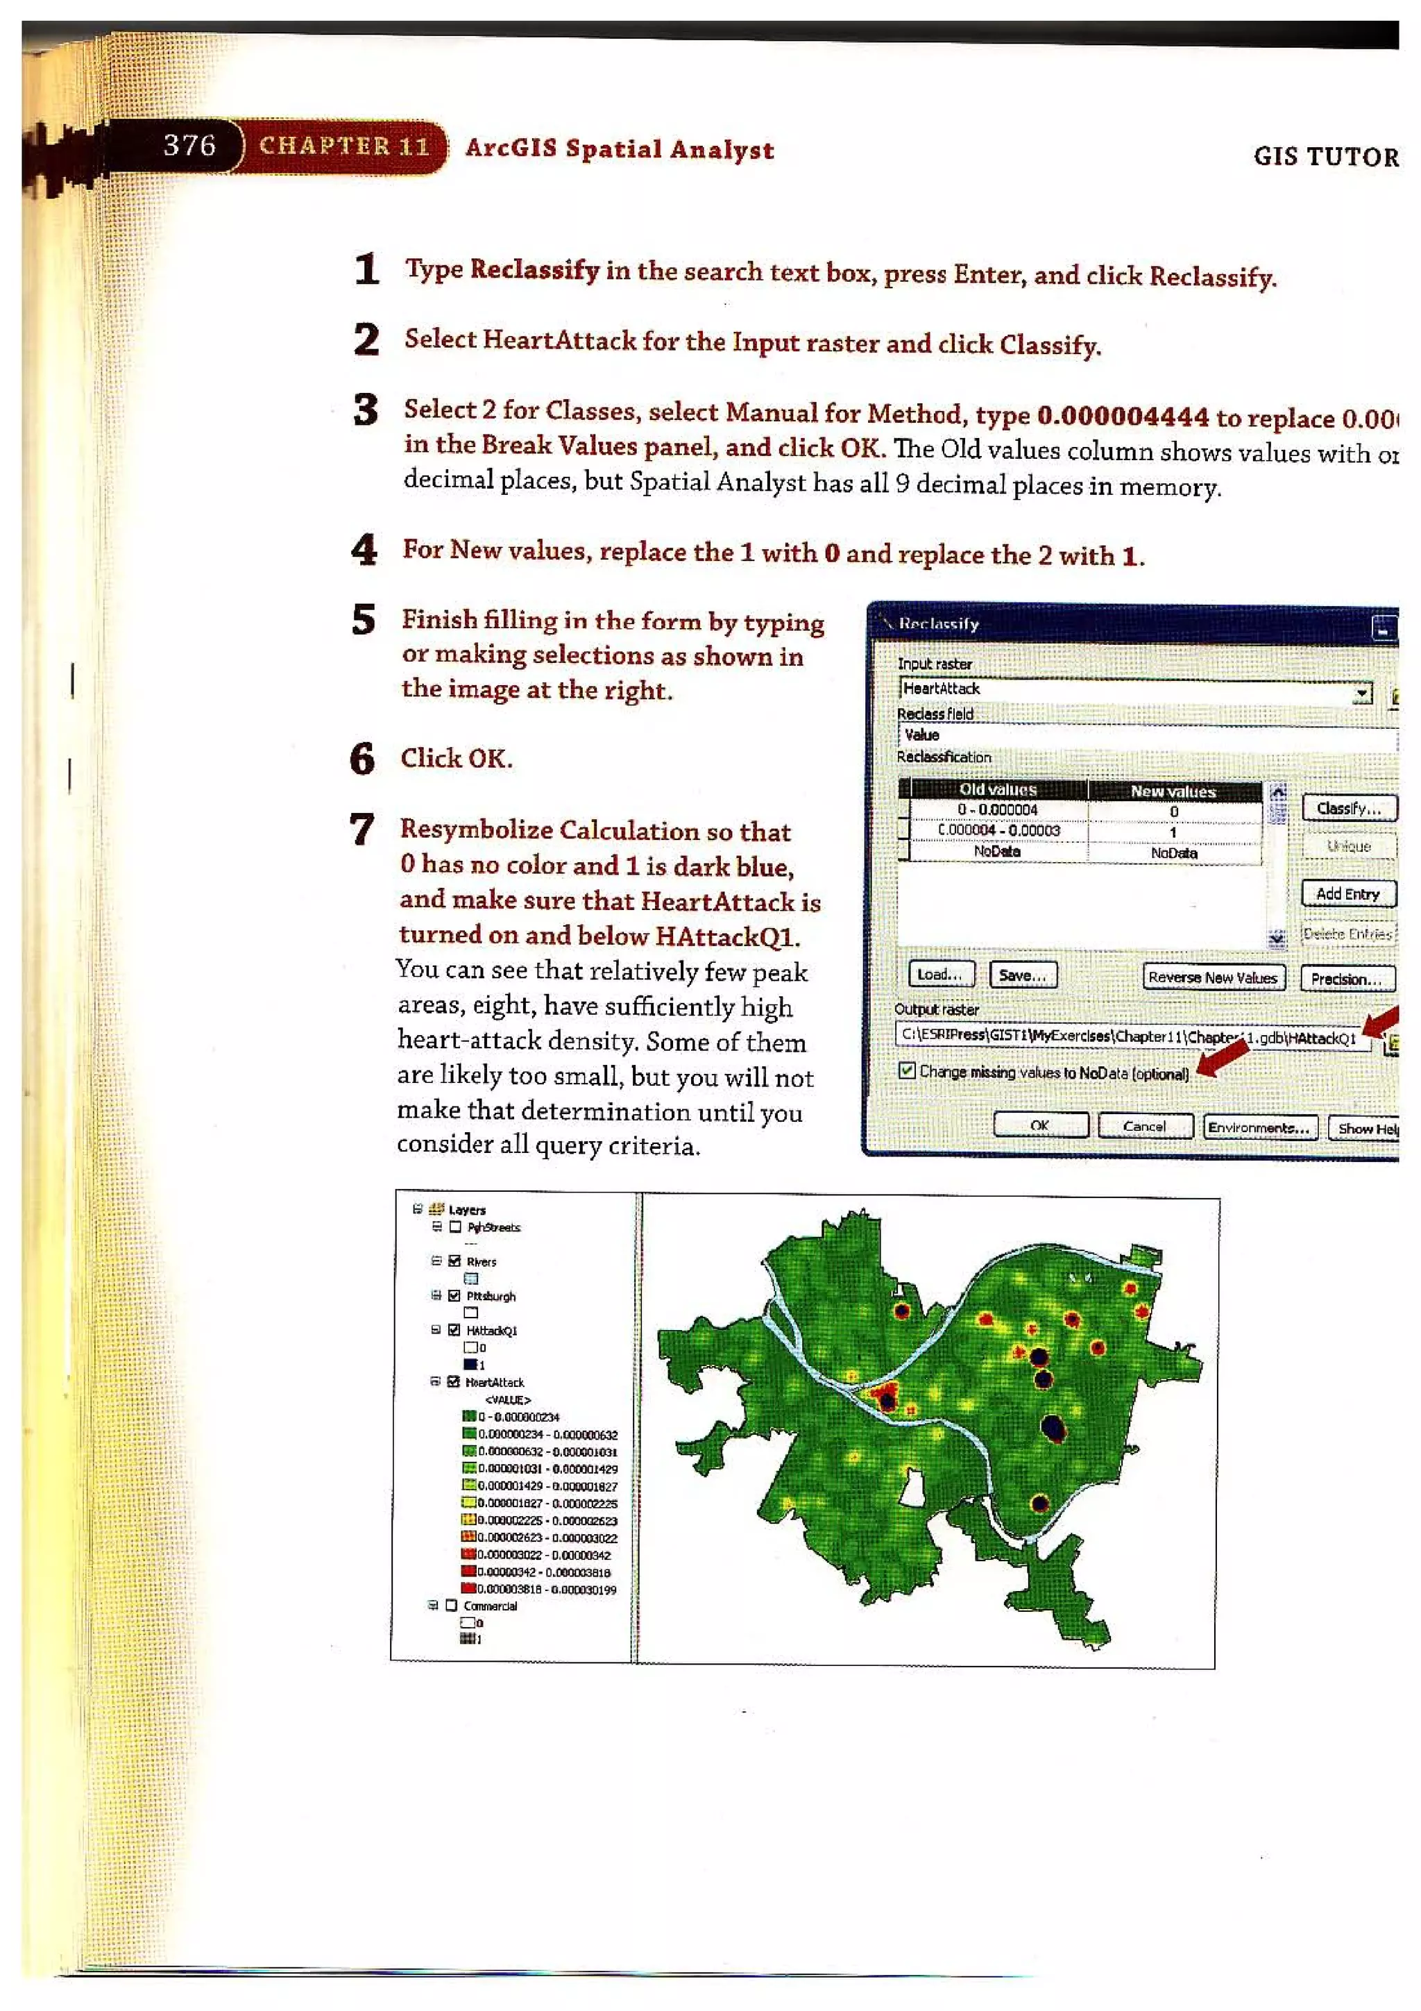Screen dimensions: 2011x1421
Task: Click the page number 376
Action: point(189,144)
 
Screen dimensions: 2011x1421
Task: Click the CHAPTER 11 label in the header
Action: point(344,146)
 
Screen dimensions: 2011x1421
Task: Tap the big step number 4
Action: point(364,550)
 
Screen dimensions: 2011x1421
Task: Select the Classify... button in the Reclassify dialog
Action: point(1347,807)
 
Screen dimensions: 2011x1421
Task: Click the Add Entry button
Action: point(1347,893)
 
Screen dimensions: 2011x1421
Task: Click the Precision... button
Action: point(1345,978)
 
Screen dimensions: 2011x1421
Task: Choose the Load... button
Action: point(939,974)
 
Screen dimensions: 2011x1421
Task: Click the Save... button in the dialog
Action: point(1022,975)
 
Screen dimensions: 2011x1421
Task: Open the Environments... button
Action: point(1257,1127)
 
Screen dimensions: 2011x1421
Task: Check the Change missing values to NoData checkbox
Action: point(907,1070)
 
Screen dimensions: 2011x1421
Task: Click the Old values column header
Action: point(997,789)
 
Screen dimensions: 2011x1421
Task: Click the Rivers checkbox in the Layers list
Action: point(454,1261)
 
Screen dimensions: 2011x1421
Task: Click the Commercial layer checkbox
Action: point(452,1606)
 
